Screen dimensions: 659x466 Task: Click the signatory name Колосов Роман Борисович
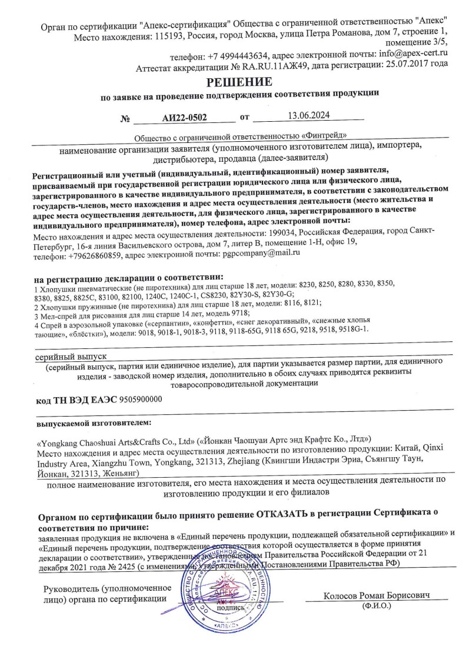point(377,595)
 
